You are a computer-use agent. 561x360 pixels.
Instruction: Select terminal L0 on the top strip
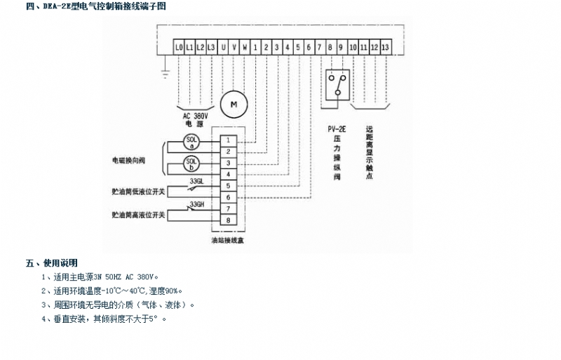[180, 47]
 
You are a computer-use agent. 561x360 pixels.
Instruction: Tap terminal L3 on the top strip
[212, 47]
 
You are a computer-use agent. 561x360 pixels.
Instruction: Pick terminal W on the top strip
[245, 47]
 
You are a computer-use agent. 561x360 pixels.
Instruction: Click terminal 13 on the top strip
[386, 47]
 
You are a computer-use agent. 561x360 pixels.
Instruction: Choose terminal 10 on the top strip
[353, 47]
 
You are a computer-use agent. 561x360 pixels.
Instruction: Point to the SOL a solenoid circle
[191, 142]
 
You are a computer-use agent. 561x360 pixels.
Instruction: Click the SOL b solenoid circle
[191, 164]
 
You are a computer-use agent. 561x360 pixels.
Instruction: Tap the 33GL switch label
[196, 181]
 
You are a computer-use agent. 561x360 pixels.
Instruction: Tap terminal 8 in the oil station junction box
[229, 220]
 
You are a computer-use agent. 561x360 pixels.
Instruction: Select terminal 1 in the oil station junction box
[229, 141]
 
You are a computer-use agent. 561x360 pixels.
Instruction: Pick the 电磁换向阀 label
[128, 160]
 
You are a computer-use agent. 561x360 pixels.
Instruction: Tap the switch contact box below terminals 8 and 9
[337, 84]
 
